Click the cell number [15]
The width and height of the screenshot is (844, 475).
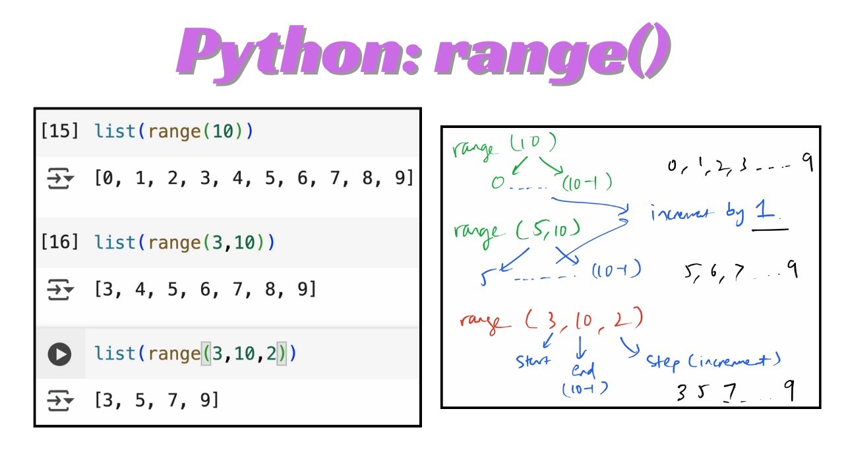tap(60, 131)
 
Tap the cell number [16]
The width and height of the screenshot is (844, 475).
tap(60, 243)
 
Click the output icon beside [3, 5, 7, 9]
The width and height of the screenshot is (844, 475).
tap(61, 400)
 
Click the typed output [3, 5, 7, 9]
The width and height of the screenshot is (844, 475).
tap(156, 400)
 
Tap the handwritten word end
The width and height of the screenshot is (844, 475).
tap(584, 369)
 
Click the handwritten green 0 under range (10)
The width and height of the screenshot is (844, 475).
tap(497, 183)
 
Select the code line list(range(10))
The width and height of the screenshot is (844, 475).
tap(173, 131)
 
